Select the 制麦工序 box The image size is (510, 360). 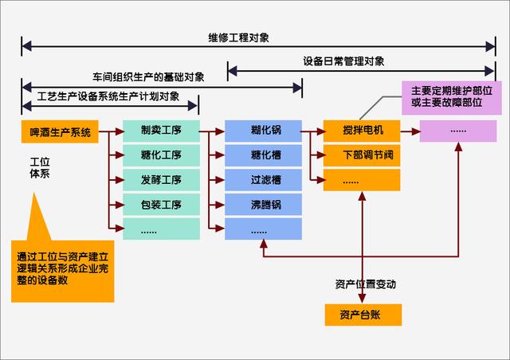(162, 131)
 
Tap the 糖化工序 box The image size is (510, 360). (162, 155)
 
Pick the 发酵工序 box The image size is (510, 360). (162, 179)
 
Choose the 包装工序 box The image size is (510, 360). (162, 204)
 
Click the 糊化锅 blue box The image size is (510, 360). (263, 131)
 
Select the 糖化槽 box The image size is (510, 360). (263, 155)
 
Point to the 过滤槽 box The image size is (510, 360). (263, 179)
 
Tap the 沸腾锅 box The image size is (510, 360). (263, 204)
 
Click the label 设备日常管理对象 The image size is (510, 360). (344, 61)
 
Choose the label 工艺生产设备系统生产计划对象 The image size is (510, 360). (108, 98)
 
